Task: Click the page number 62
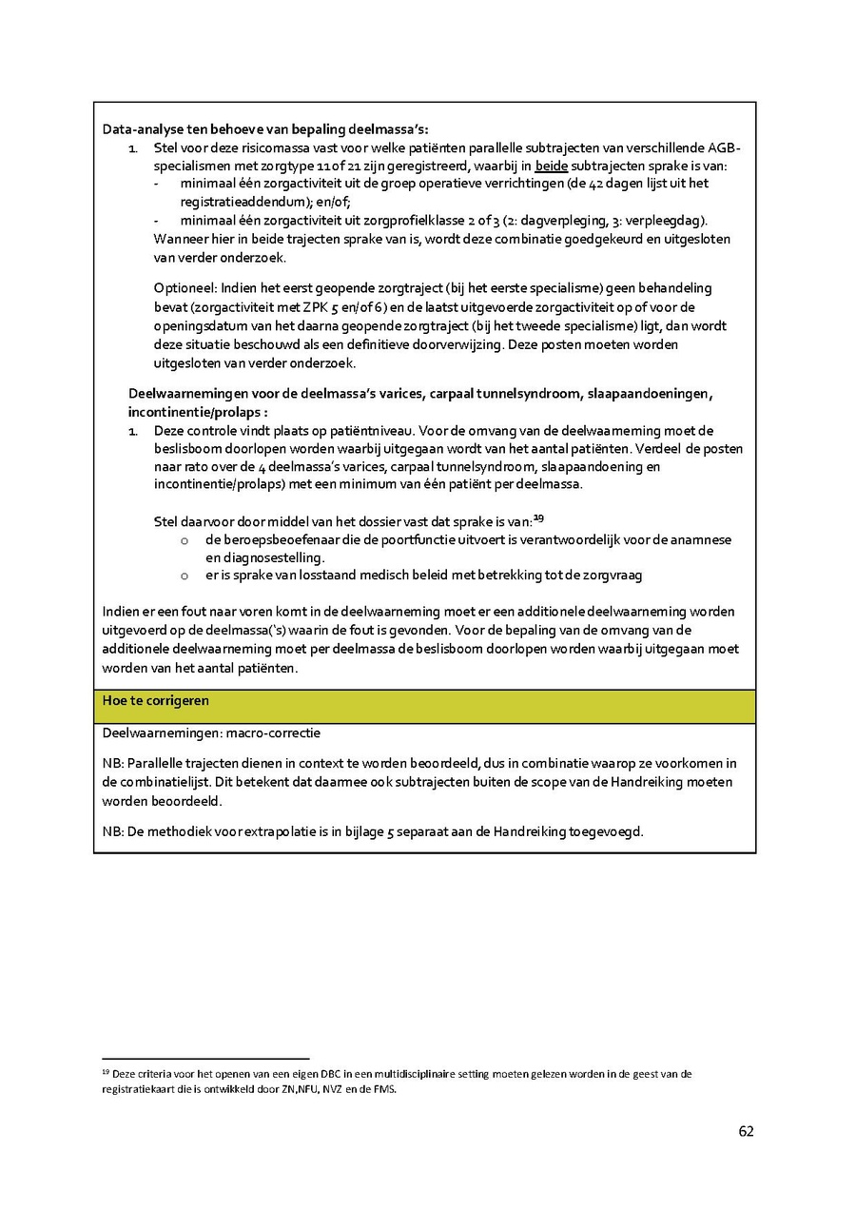click(x=746, y=1131)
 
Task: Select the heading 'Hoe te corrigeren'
click(x=156, y=700)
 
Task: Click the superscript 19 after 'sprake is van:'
click(x=537, y=517)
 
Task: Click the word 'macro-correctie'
click(x=273, y=733)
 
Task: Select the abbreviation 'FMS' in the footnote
click(x=380, y=1090)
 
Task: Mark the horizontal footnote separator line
click(x=205, y=1058)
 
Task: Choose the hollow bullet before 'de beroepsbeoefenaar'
click(x=185, y=540)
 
